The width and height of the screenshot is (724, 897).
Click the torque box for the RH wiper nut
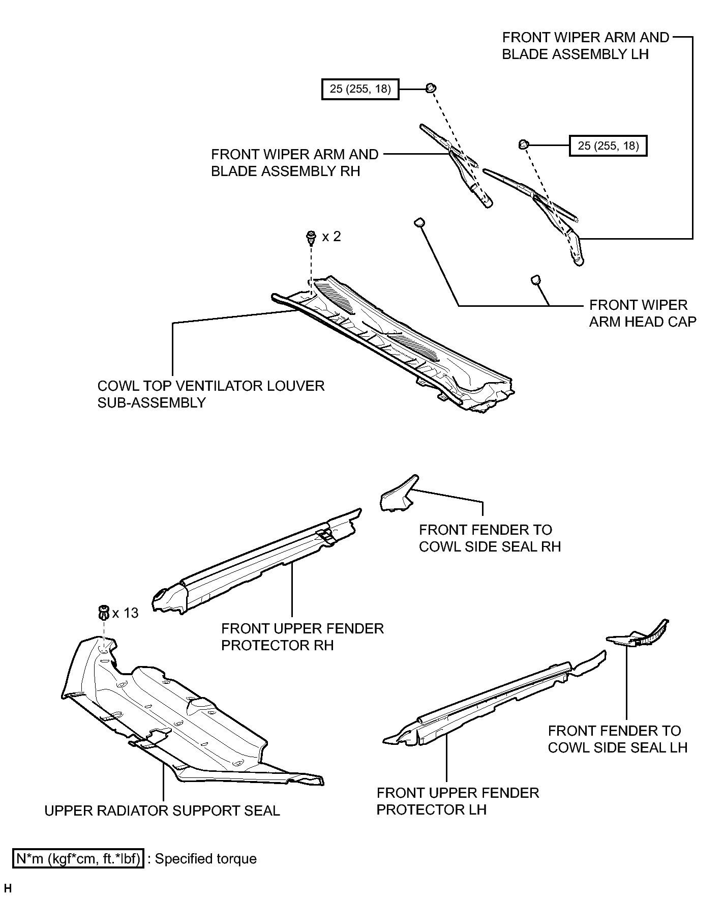click(360, 89)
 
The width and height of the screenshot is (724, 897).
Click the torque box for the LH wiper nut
click(608, 146)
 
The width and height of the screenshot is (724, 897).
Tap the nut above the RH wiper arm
click(430, 88)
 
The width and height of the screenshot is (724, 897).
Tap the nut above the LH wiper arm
click(523, 144)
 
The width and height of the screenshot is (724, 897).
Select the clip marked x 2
click(310, 237)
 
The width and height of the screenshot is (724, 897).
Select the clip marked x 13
click(104, 613)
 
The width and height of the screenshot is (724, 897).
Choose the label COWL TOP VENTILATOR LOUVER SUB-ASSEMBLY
click(211, 394)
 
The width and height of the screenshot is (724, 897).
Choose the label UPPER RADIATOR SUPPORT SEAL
click(162, 811)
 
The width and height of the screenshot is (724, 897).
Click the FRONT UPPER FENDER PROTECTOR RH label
click(303, 636)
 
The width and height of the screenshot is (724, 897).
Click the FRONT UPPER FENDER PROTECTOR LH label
click(458, 801)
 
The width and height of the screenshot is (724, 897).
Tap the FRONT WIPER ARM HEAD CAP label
click(643, 313)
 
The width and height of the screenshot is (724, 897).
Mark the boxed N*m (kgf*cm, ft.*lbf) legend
click(78, 859)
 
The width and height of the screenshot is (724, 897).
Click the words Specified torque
click(205, 859)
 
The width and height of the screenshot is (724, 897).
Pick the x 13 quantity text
click(126, 613)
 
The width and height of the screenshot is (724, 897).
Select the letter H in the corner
click(8, 889)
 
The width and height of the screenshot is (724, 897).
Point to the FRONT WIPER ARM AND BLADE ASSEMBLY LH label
click(586, 46)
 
